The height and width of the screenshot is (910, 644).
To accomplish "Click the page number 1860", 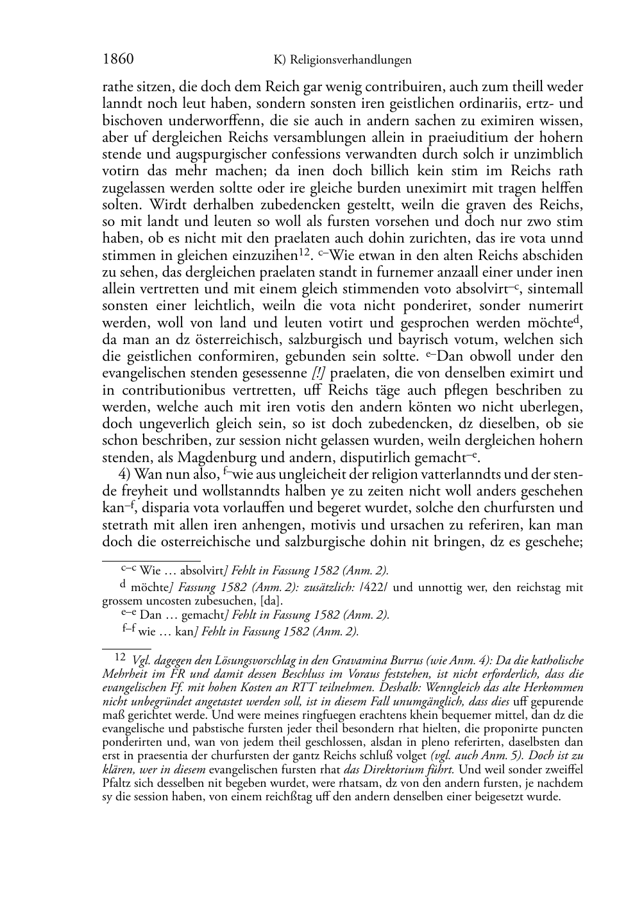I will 118,60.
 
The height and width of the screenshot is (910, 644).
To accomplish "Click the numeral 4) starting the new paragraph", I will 126,475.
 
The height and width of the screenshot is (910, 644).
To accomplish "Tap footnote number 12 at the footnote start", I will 119,657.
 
